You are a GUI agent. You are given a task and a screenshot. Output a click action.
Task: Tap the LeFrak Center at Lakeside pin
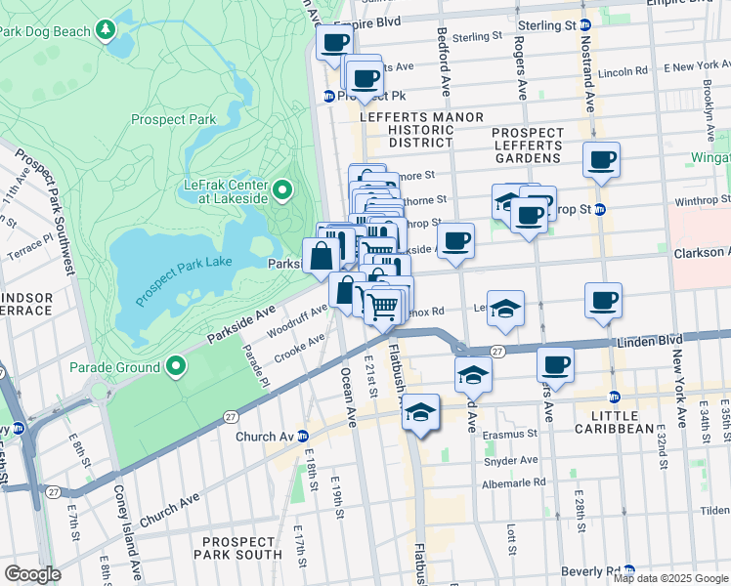coord(282,189)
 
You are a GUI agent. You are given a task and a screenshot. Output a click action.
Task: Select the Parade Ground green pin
coord(176,367)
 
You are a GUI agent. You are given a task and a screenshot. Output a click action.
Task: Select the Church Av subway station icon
coord(303,436)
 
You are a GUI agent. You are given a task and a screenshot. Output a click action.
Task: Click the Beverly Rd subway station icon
coord(629,570)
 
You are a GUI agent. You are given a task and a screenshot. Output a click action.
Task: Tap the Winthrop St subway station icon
coord(600,209)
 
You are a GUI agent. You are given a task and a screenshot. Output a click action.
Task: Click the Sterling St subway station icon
coord(584,23)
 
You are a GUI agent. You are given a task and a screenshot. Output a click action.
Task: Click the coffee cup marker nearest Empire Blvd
coord(335,42)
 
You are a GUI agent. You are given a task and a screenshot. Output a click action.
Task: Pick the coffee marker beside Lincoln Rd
coord(601,158)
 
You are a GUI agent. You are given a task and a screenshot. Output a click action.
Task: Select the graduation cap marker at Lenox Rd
coord(505,308)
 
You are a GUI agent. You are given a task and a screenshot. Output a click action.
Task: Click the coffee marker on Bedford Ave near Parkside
coord(455,239)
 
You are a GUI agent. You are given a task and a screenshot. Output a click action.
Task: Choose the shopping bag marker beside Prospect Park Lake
coord(322,257)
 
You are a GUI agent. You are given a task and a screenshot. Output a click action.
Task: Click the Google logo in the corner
coord(32,574)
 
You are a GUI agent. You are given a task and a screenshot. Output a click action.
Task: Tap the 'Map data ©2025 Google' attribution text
coord(670,578)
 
